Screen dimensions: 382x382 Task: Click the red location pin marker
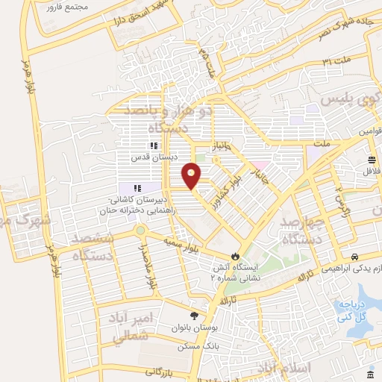[192, 175]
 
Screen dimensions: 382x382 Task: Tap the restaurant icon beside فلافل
[372, 160]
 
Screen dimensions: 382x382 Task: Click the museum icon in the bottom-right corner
[372, 374]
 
